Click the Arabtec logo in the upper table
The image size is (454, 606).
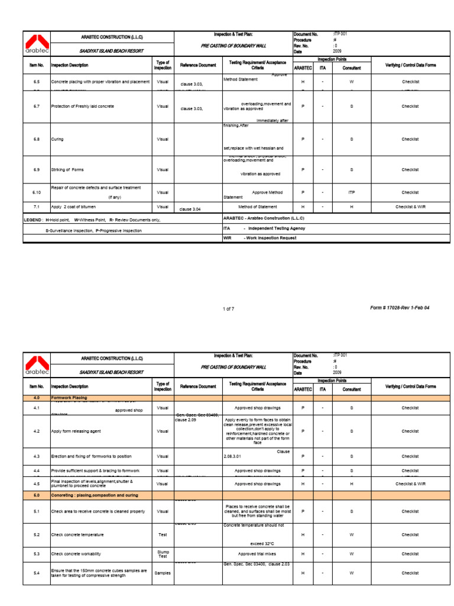[x=37, y=44]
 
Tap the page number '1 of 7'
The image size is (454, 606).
[x=229, y=309]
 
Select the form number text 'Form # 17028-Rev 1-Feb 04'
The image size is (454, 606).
[x=400, y=308]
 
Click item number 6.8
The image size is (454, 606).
[x=37, y=139]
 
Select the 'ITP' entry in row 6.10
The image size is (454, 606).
[x=351, y=192]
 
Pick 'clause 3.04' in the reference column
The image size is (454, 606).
[x=192, y=209]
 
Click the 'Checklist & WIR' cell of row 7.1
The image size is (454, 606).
[x=410, y=207]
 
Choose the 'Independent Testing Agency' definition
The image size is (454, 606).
[x=277, y=228]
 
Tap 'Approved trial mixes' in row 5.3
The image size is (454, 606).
[x=257, y=554]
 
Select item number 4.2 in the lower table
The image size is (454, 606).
[x=37, y=431]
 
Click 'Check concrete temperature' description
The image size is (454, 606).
[x=77, y=534]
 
